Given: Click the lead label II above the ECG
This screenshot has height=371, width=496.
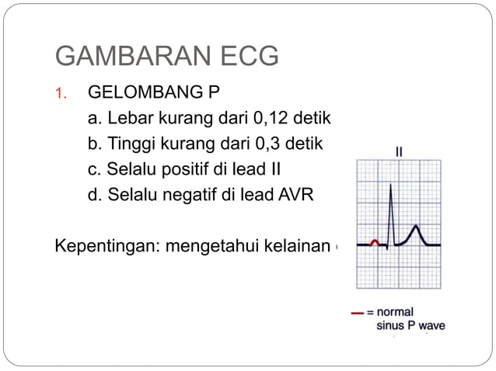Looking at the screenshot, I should pos(399,152).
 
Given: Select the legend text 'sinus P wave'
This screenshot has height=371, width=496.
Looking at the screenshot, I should pos(410,326).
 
